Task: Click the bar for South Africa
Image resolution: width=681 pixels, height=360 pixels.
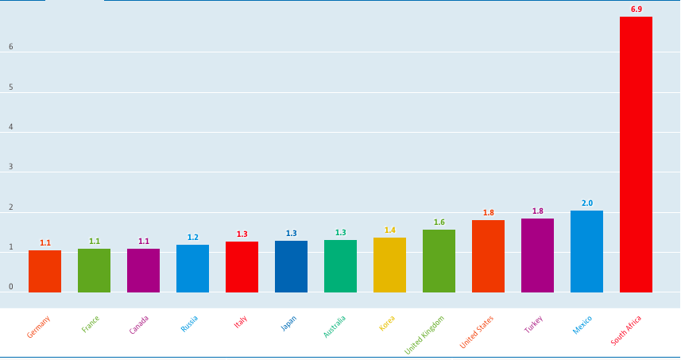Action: click(x=636, y=154)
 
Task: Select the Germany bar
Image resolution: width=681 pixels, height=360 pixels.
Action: click(x=44, y=271)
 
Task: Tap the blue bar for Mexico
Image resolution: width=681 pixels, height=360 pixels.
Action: click(x=586, y=251)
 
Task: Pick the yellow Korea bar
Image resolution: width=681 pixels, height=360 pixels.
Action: click(x=389, y=265)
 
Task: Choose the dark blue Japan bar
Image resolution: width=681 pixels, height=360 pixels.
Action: click(x=291, y=266)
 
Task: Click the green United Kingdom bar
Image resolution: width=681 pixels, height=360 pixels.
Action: click(x=439, y=261)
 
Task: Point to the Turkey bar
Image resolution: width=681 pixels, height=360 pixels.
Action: click(x=537, y=255)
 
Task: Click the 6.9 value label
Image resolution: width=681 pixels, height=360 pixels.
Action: click(x=636, y=10)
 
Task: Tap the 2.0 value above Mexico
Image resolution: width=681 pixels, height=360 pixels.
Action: click(x=586, y=203)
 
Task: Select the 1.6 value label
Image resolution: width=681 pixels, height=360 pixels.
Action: click(x=439, y=223)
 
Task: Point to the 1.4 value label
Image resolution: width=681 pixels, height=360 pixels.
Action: click(x=389, y=230)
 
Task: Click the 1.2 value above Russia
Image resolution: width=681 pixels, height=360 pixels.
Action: click(x=192, y=238)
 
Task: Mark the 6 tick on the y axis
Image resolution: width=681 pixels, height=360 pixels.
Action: click(x=11, y=47)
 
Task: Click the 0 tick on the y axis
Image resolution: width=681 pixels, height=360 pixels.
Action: click(x=11, y=287)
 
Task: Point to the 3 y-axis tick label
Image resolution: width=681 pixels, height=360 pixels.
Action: click(x=11, y=167)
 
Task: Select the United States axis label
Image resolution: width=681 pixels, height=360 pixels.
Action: click(x=477, y=332)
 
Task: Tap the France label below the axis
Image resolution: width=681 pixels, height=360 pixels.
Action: click(x=91, y=324)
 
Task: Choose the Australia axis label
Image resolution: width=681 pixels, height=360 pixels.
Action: click(x=335, y=327)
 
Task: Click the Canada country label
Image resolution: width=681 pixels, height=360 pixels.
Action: click(x=139, y=325)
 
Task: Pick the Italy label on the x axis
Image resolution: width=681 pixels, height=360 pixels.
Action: click(x=241, y=322)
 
